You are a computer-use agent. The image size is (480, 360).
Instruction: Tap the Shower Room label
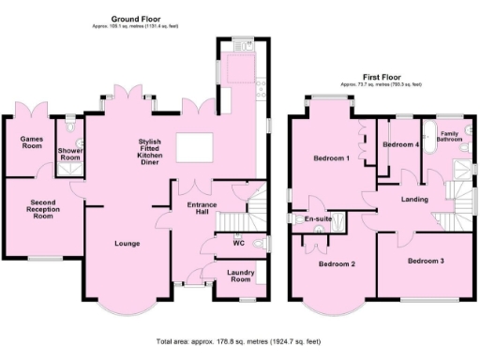click(70, 154)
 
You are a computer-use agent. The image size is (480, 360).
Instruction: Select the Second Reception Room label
click(41, 209)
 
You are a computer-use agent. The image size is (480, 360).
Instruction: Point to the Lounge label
click(127, 244)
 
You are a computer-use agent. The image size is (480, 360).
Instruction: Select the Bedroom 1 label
click(331, 158)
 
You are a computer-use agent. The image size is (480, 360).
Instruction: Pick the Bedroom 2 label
click(337, 263)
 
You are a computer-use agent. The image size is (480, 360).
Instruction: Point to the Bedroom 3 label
click(425, 260)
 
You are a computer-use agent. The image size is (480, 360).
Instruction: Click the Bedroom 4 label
click(400, 145)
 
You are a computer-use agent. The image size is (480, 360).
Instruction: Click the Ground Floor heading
click(137, 19)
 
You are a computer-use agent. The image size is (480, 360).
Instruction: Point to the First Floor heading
click(387, 76)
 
